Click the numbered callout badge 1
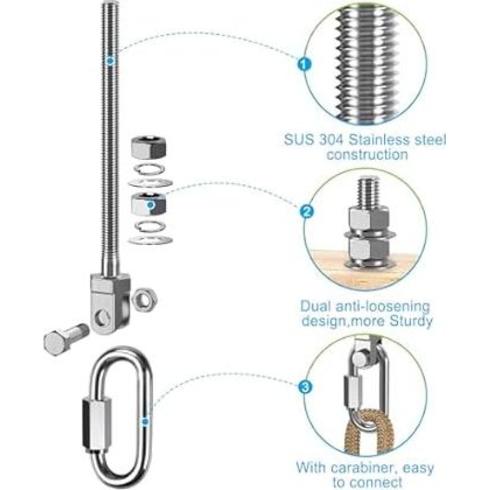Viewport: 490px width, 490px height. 304,65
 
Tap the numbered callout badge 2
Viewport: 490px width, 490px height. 307,212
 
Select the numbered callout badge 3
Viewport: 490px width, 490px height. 304,388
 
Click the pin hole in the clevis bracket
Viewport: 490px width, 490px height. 102,317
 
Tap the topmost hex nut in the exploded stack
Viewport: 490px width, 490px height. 148,149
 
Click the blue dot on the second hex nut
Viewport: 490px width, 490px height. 151,205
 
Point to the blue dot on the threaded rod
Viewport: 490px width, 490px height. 110,60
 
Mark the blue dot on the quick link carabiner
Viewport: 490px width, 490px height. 145,422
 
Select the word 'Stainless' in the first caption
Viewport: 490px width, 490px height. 379,140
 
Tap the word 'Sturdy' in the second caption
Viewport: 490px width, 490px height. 411,321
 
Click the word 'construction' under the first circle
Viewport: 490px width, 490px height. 367,155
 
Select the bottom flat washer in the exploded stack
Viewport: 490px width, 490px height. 150,240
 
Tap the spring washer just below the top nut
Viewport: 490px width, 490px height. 149,169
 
